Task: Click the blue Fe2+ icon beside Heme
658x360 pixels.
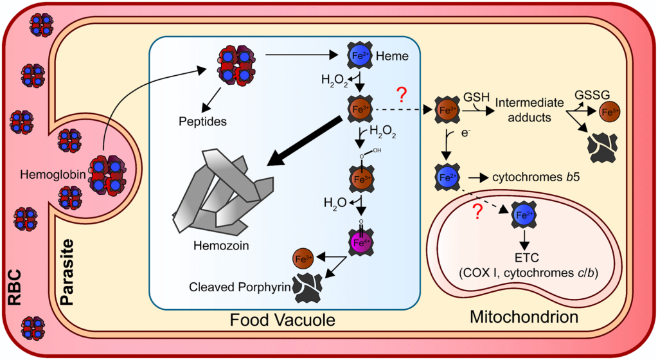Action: point(359,56)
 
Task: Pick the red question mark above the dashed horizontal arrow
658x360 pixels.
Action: point(402,97)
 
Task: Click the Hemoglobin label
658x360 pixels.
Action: point(49,174)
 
